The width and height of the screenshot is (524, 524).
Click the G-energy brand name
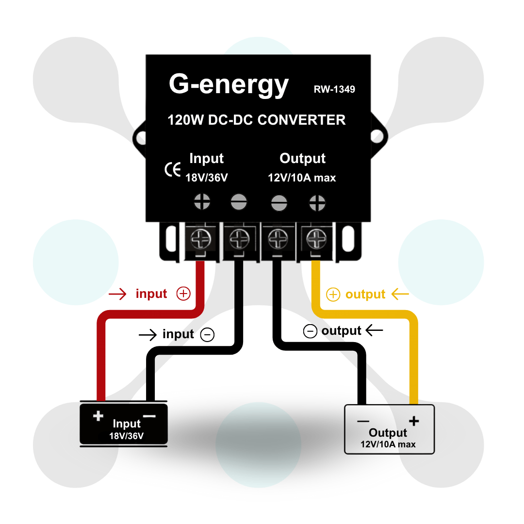point(229,85)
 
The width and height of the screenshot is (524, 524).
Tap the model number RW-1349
point(334,89)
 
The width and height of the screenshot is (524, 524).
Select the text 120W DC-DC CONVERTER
point(257,120)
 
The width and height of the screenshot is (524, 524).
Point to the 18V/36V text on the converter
point(207,178)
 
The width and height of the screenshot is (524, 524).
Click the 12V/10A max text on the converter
point(302,178)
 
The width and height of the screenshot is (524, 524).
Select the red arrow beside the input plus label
point(118,294)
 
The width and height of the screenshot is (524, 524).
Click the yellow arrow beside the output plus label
point(400,294)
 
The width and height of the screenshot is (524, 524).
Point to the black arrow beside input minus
point(148,334)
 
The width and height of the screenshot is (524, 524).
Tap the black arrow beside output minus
point(374,331)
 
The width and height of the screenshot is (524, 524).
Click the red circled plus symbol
point(183,294)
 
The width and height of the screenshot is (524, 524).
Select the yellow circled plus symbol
point(333,295)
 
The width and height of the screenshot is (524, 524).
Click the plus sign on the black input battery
point(98,416)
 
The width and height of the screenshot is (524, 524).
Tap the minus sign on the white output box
point(363,421)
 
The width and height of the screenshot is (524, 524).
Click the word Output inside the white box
point(388,433)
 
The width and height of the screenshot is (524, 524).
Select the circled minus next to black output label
point(310,331)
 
